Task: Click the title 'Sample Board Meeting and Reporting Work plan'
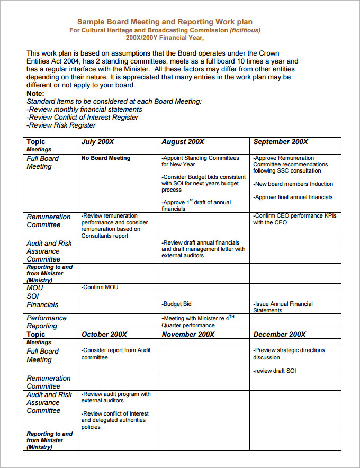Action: (x=165, y=22)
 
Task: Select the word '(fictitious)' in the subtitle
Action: (x=245, y=30)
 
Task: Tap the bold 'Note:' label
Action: (x=35, y=93)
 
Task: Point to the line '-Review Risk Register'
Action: (x=61, y=125)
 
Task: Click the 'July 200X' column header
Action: (x=98, y=142)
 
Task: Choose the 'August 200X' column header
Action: (x=183, y=142)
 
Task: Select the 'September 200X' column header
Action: (x=281, y=142)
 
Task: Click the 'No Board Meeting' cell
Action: (x=106, y=158)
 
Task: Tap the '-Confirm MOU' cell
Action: (x=100, y=287)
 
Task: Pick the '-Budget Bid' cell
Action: (x=177, y=304)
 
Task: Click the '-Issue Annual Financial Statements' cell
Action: (x=283, y=307)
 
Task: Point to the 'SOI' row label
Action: (x=33, y=296)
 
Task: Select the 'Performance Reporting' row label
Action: (x=47, y=322)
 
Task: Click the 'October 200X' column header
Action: (x=104, y=335)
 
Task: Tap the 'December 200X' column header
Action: (x=280, y=335)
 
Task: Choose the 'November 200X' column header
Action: (x=188, y=335)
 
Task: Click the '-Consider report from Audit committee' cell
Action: (x=116, y=354)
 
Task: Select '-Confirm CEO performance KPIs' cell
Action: (x=294, y=219)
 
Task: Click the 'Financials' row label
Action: (x=42, y=305)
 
